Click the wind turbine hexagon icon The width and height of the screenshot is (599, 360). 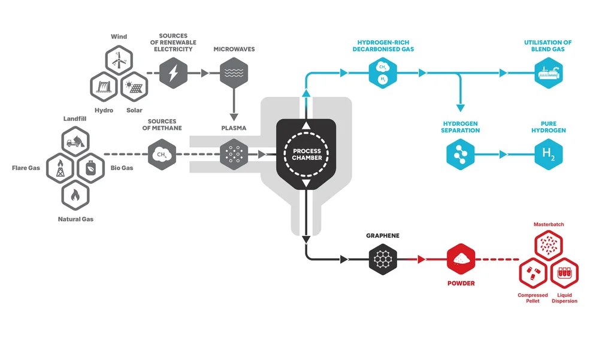(119, 59)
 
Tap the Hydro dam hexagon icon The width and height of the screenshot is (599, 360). (104, 87)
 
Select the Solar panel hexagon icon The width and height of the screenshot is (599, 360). (134, 87)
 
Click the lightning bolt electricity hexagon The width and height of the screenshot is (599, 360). (173, 73)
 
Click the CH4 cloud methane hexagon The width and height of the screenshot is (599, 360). (162, 155)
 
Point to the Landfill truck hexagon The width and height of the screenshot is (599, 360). (75, 141)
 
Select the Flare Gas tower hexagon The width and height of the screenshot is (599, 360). (60, 167)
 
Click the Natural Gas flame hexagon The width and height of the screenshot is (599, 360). (75, 194)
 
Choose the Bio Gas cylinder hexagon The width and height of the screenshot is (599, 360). (90, 167)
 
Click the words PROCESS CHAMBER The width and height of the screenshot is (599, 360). (307, 155)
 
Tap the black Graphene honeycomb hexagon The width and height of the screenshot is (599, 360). (383, 259)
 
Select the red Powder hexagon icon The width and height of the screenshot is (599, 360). (461, 259)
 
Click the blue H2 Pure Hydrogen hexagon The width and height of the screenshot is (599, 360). (549, 155)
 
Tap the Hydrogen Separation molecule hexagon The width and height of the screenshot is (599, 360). (461, 155)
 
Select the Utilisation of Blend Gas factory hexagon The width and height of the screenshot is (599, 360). (549, 73)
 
